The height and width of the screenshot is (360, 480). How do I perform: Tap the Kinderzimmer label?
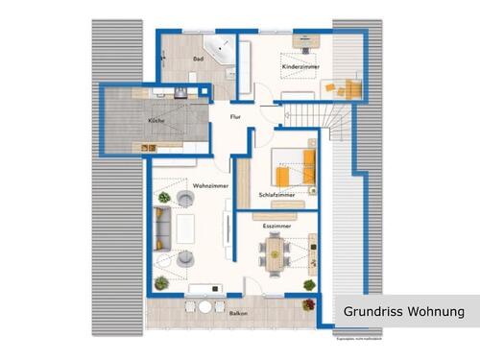[x=300, y=65]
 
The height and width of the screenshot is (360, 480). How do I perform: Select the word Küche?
[x=156, y=121]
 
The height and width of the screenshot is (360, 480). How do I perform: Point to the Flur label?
[x=235, y=116]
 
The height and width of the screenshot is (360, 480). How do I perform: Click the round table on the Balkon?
[x=205, y=308]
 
